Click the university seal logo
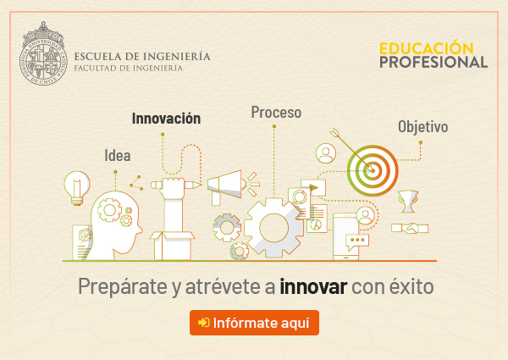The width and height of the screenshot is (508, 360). pos(43,53)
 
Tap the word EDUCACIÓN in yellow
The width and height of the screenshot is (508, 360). pos(427,48)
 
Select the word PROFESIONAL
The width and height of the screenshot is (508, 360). pos(433,62)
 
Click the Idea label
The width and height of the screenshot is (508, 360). pos(118,155)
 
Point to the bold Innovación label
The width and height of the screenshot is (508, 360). pos(166,119)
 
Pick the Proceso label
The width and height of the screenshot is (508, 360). pos(276,112)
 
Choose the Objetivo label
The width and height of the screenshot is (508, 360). pos(423,126)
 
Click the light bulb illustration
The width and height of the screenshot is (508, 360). pos(77,188)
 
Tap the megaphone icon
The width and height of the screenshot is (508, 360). pos(227,187)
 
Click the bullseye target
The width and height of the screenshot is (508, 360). pos(373,170)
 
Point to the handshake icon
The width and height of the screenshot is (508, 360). pos(410,228)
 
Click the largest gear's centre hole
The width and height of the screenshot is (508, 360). pos(273,228)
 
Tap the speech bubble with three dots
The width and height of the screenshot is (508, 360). pos(357,241)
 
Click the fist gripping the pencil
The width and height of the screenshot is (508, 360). pos(174,188)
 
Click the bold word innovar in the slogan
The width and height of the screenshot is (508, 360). pos(313,286)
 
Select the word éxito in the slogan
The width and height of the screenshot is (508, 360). pos(411,285)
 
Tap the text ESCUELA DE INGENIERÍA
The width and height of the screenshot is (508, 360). pos(142,57)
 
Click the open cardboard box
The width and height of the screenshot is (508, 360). pos(172,246)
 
